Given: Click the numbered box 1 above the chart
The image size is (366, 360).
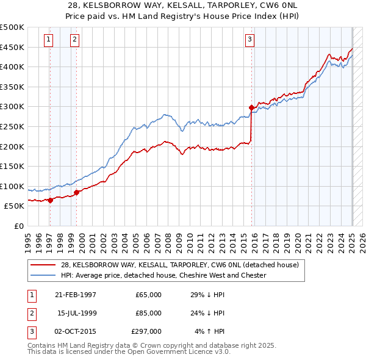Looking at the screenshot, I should tap(48, 40).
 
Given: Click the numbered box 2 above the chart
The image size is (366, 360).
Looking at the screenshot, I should tap(74, 40).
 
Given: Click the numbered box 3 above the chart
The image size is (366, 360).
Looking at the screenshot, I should tap(249, 40).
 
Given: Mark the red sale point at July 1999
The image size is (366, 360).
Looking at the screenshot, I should tap(77, 192).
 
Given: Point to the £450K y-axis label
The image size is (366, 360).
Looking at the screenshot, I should tap(12, 47).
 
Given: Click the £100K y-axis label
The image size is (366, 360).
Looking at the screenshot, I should tap(12, 186).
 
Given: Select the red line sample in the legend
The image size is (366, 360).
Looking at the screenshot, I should tap(43, 265).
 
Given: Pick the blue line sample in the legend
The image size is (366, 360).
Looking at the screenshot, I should tap(43, 276).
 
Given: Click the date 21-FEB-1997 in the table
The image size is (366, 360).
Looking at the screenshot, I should tap(76, 295).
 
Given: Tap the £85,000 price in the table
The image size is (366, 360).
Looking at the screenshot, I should tap(148, 313).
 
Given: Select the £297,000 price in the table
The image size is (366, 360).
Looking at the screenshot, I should tap(146, 331).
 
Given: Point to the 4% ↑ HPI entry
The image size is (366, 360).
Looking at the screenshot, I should tap(210, 331).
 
